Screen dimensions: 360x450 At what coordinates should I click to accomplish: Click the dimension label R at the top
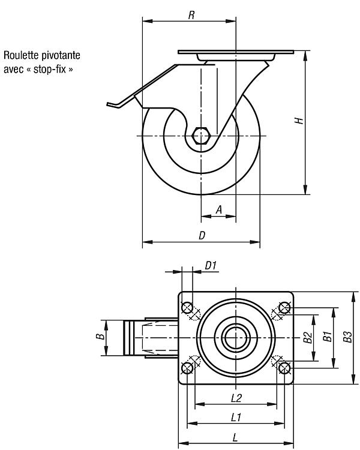(x=191, y=15)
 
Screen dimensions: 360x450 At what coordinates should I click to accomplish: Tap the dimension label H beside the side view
(x=299, y=121)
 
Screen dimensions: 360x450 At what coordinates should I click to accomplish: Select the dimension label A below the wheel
(x=219, y=210)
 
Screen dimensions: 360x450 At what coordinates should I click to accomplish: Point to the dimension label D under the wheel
(x=202, y=236)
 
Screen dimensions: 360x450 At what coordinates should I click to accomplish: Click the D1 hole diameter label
(x=211, y=266)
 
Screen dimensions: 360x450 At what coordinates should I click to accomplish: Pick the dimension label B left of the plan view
(x=100, y=337)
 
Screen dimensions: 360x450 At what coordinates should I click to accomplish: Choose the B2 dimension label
(x=308, y=337)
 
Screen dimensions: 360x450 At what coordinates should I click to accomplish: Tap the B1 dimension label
(x=328, y=337)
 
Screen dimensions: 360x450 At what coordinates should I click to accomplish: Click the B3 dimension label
(x=347, y=337)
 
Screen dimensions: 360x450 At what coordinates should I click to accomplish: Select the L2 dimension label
(x=236, y=398)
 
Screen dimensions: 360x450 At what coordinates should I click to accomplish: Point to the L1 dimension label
(x=236, y=418)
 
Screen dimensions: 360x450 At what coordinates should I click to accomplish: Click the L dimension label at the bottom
(x=235, y=437)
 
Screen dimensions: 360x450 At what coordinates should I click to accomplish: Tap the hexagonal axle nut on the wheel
(x=201, y=135)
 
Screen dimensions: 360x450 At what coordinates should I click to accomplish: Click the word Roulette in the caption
(x=21, y=55)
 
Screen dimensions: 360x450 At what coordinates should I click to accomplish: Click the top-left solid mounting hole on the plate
(x=187, y=308)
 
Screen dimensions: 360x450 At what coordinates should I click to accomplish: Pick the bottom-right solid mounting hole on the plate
(x=284, y=368)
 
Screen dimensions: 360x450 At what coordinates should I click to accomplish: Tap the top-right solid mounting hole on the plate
(x=284, y=308)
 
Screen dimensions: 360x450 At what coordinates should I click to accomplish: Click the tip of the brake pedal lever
(x=107, y=104)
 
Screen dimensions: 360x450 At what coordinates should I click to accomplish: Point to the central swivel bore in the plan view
(x=236, y=338)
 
